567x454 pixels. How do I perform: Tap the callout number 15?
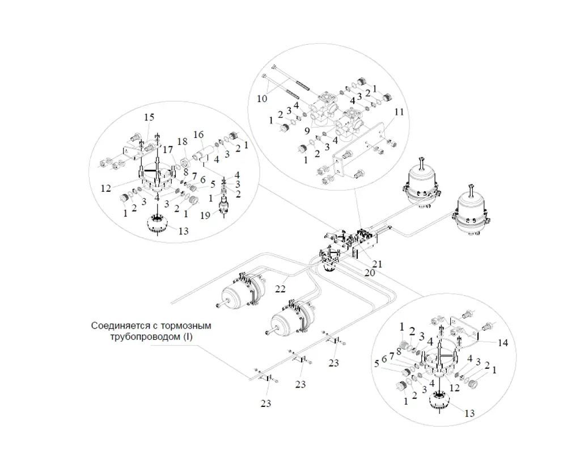tap(149, 117)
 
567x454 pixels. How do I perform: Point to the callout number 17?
tap(168, 150)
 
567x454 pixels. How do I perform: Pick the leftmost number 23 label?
tap(266, 403)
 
